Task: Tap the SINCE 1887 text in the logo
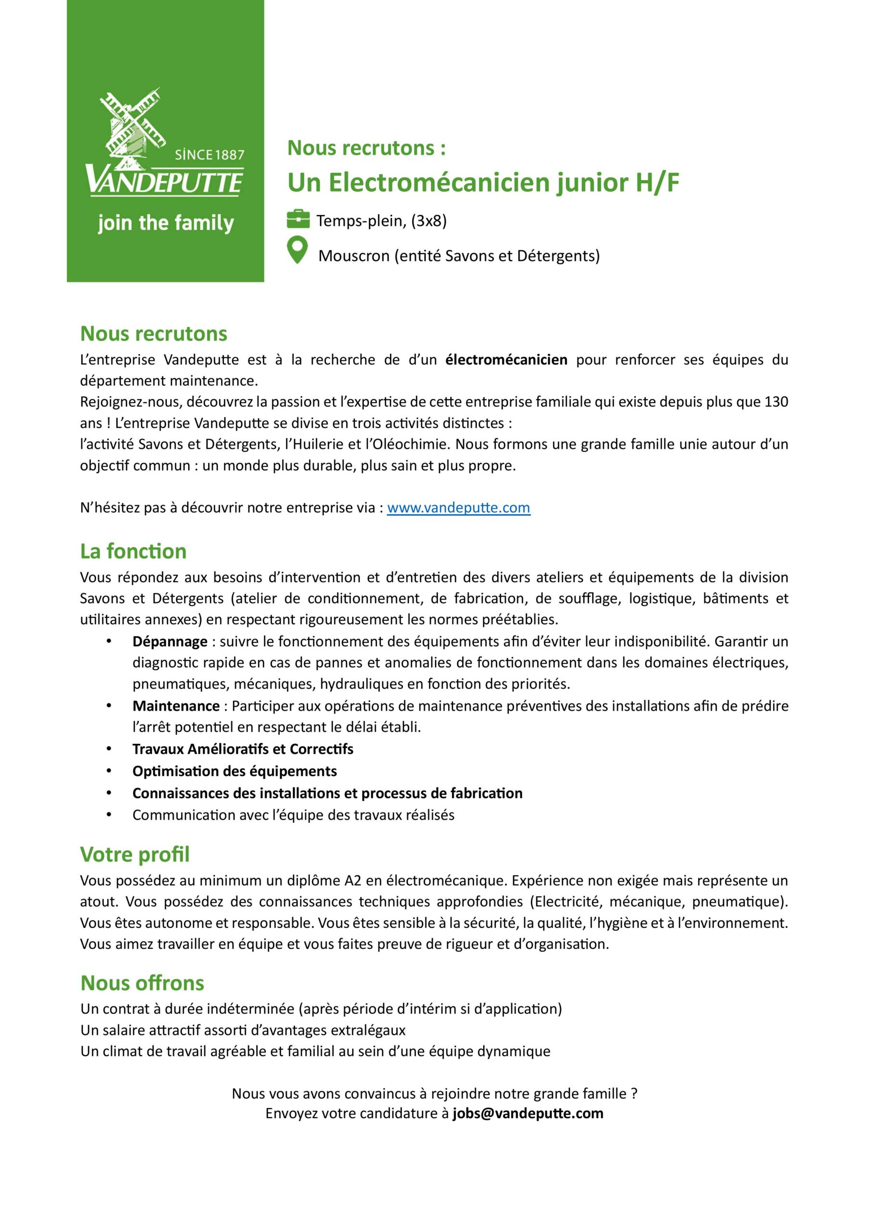[x=209, y=155]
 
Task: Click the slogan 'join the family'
[x=166, y=223]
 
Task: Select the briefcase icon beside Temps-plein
[x=298, y=220]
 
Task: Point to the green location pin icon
[x=297, y=250]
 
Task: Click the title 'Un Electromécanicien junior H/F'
[x=483, y=183]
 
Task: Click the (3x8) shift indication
[x=428, y=221]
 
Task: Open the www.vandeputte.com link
[x=458, y=508]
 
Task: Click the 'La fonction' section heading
[x=134, y=551]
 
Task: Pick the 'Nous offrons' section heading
[x=143, y=983]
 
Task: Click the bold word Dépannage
[x=170, y=641]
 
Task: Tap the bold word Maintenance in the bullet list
[x=176, y=706]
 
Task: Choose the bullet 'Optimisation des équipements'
[x=234, y=771]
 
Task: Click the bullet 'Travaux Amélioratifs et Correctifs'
[x=243, y=749]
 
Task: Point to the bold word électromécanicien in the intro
[x=506, y=359]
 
